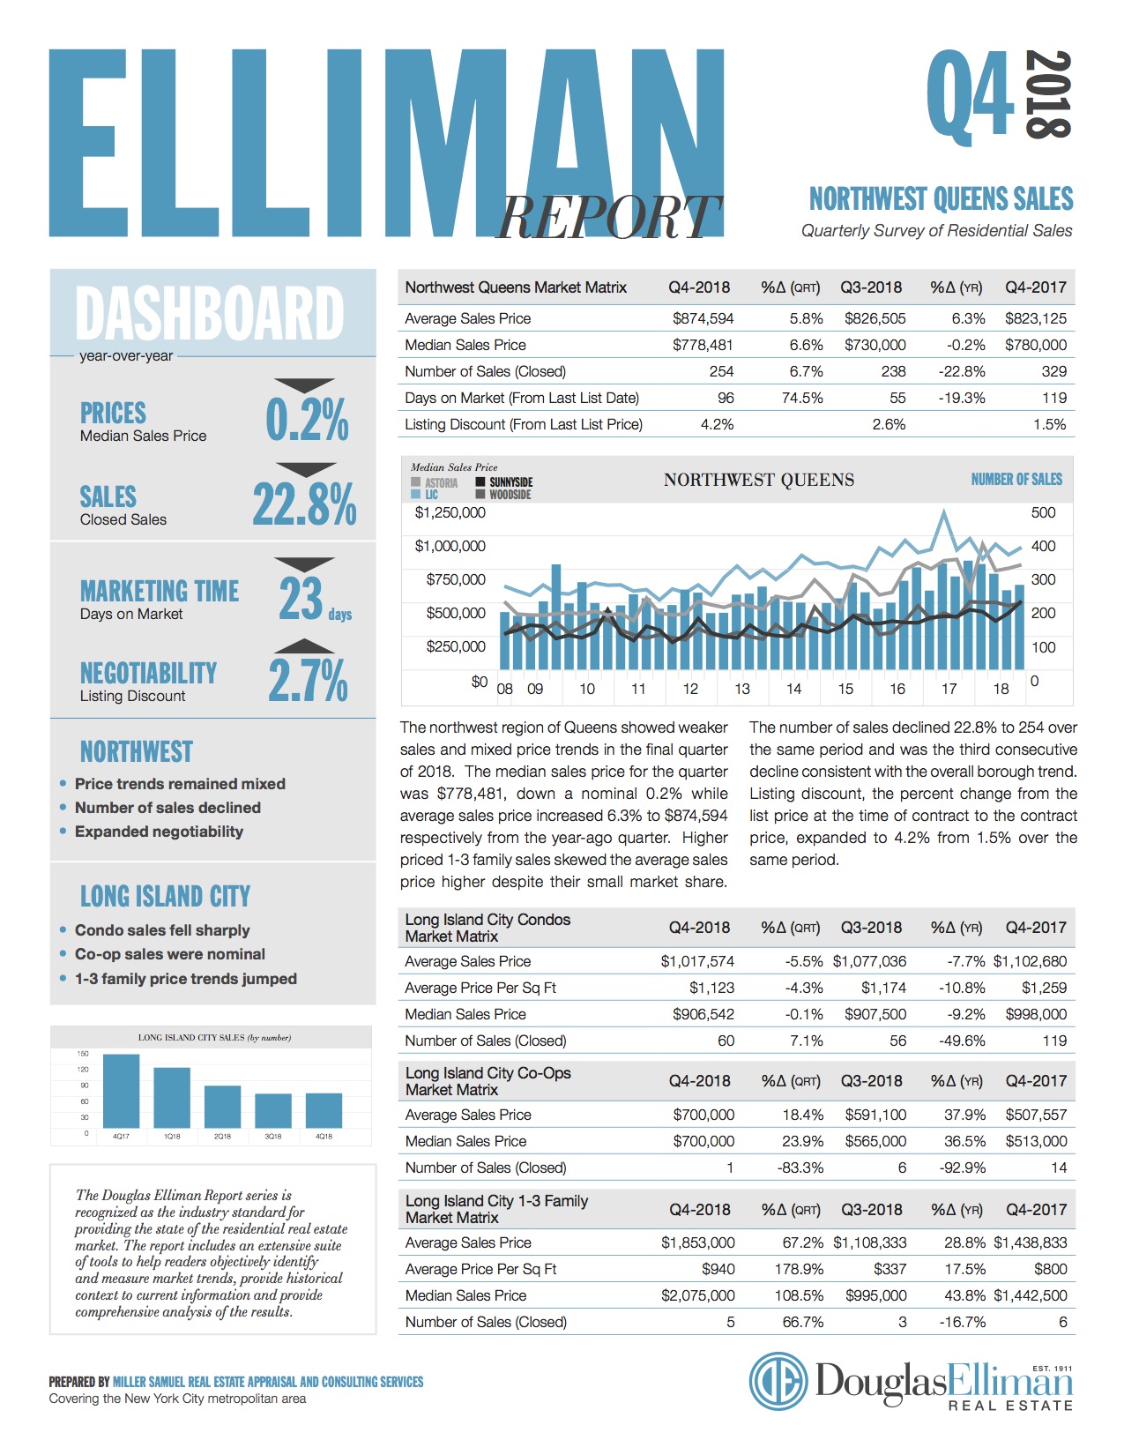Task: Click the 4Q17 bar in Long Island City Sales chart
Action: pos(121,1091)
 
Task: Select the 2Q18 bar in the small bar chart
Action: pos(222,1107)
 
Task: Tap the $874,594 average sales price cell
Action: pos(703,318)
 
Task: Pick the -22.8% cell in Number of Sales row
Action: pos(961,371)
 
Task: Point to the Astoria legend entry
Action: pos(435,482)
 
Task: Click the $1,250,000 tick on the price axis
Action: pos(450,512)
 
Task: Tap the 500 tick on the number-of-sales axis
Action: pos(1043,512)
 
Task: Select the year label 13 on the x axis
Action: pos(741,689)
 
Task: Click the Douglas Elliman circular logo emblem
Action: pos(778,1381)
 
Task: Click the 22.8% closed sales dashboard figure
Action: pos(305,504)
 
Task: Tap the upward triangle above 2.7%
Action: pos(304,646)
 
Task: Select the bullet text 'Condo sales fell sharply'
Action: pos(162,930)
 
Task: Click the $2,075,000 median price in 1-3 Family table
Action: pos(697,1295)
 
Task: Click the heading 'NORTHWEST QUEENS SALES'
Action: pos(941,199)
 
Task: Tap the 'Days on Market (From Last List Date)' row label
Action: pos(522,398)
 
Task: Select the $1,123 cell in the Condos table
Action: pos(711,987)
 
